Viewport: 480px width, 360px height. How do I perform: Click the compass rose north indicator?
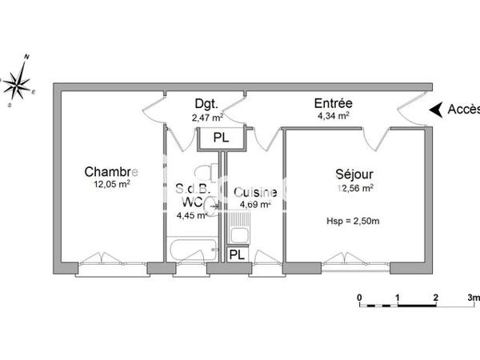point(26,58)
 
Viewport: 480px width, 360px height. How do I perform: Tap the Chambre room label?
point(111,172)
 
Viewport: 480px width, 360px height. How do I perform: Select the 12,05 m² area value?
point(111,183)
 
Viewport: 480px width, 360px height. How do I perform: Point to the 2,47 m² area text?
point(205,117)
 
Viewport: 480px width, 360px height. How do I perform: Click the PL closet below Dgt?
point(220,138)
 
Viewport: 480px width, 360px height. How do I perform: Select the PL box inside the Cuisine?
point(238,254)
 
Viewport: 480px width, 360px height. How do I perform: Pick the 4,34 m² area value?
point(333,116)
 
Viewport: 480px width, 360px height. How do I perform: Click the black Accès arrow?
point(436,110)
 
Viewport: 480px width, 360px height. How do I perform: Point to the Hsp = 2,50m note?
point(353,221)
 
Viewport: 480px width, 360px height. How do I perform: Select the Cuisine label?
point(255,192)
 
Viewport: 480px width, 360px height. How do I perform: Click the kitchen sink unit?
point(239,234)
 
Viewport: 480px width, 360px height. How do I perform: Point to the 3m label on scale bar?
point(473,298)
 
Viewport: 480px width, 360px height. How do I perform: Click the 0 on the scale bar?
point(360,298)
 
